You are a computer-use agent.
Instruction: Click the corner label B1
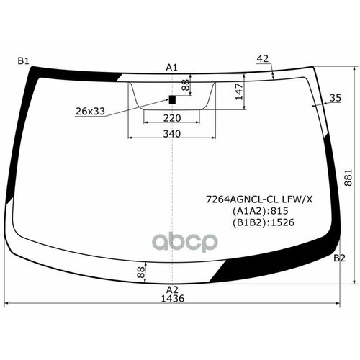23,61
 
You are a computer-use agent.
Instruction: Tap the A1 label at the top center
172,67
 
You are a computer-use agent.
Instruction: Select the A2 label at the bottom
172,289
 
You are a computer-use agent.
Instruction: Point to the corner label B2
340,258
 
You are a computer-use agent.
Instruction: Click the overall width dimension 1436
172,300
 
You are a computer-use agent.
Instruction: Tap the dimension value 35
335,97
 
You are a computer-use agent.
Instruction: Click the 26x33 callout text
90,111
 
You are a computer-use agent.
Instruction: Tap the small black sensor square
172,99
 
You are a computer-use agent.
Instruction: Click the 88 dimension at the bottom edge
140,271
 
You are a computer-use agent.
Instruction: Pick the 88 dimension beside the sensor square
186,86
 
